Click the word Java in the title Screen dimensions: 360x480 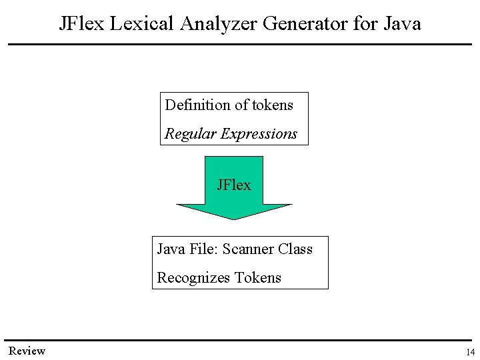pyautogui.click(x=403, y=24)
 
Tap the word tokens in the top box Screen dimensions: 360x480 pyautogui.click(x=272, y=105)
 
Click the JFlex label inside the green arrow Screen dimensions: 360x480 pyautogui.click(x=234, y=185)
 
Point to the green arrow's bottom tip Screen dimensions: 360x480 pyautogui.click(x=234, y=217)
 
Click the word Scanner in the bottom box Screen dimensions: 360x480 pyautogui.click(x=248, y=249)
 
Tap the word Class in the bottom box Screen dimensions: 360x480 pyautogui.click(x=295, y=249)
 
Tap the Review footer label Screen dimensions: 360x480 pyautogui.click(x=27, y=351)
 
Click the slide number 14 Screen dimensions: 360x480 pyautogui.click(x=470, y=353)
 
